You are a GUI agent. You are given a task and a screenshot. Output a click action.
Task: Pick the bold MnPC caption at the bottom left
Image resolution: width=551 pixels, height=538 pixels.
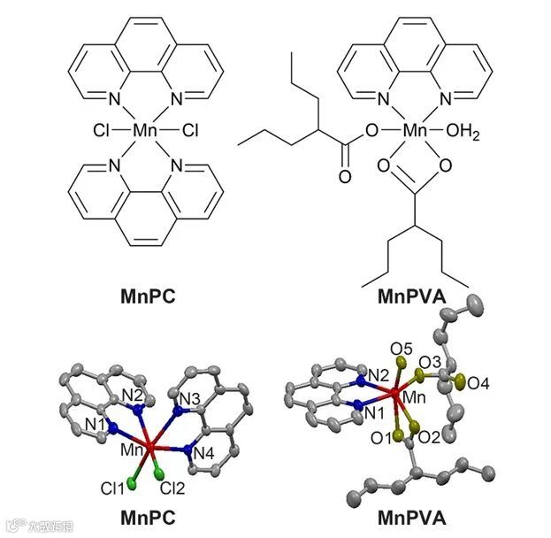tap(146, 518)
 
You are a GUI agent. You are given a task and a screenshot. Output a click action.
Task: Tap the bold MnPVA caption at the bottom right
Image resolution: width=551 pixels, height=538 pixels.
tap(412, 518)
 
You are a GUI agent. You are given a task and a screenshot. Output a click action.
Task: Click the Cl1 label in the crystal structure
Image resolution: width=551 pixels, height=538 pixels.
tap(113, 486)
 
